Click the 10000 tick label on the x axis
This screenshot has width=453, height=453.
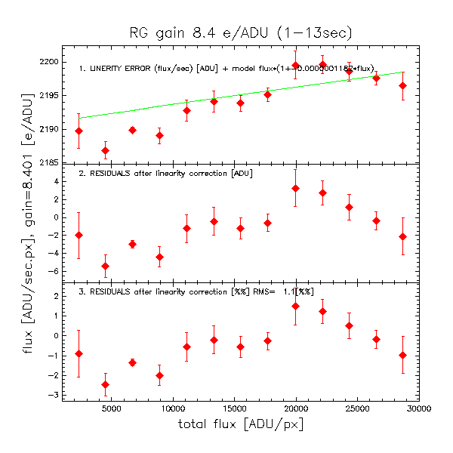(172, 408)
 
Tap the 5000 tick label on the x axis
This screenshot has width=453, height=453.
(110, 408)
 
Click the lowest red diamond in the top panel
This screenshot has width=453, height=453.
(105, 151)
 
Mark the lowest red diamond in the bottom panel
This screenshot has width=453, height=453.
(105, 385)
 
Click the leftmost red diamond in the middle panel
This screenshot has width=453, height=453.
(79, 236)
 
